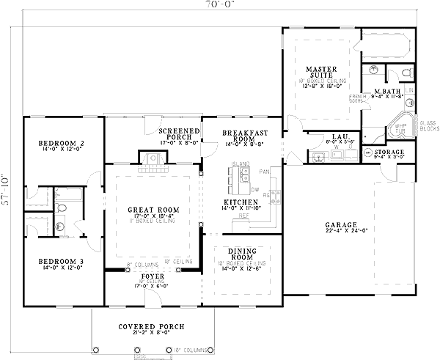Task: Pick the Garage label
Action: point(342,225)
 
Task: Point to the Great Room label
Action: point(150,210)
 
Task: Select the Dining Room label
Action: point(243,254)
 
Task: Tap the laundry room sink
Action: point(319,157)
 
